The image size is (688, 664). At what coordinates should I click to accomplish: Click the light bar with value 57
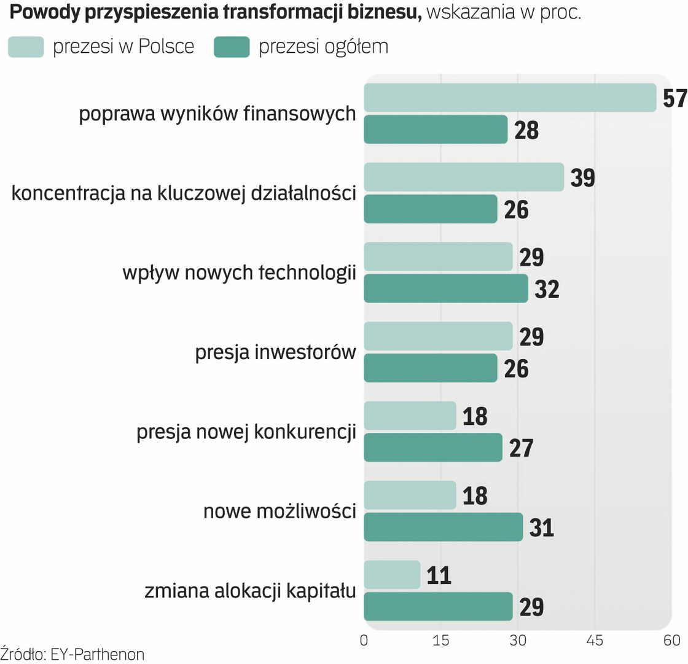pos(510,97)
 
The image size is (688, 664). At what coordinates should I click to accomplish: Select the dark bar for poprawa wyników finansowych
pos(436,129)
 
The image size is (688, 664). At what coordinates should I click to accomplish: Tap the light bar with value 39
pos(464,177)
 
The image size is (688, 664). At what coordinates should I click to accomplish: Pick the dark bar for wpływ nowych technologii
pos(446,288)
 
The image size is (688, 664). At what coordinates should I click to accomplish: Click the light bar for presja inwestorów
pos(438,336)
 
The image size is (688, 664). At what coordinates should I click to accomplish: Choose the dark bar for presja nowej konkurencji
pos(433,447)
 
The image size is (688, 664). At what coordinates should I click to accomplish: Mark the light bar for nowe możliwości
pos(410,495)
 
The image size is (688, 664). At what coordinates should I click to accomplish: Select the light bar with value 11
pos(392,575)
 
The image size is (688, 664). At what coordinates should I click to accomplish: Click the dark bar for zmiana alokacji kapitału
pos(438,606)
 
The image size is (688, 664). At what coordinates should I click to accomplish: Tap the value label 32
pos(547,289)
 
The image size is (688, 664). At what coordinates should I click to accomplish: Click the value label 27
pos(521,448)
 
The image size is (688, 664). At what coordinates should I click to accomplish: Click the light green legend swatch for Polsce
pos(26,47)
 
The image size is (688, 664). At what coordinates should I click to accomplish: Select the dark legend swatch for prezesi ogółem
pos(232,47)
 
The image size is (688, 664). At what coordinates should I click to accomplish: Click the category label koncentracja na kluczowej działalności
pos(184,193)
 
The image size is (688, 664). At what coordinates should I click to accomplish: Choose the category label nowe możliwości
pos(279,512)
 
